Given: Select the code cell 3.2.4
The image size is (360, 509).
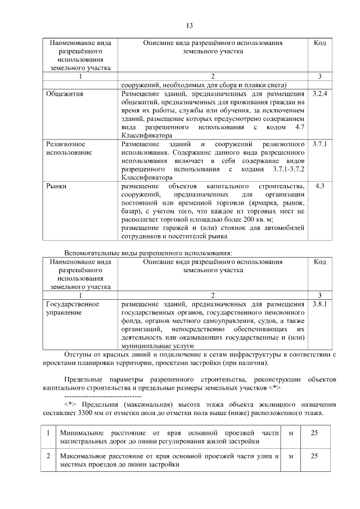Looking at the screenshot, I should tap(319, 93).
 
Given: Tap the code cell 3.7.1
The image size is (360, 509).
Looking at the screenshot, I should tap(319, 144).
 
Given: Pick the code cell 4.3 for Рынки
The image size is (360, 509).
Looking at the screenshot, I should tap(319, 186).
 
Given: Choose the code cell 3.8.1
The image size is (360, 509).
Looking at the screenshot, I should tap(319, 304).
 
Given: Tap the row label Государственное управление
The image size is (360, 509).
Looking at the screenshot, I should tap(72, 308).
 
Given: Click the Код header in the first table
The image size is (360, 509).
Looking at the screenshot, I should tap(319, 43).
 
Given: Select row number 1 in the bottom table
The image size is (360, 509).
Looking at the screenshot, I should tap(49, 433).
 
